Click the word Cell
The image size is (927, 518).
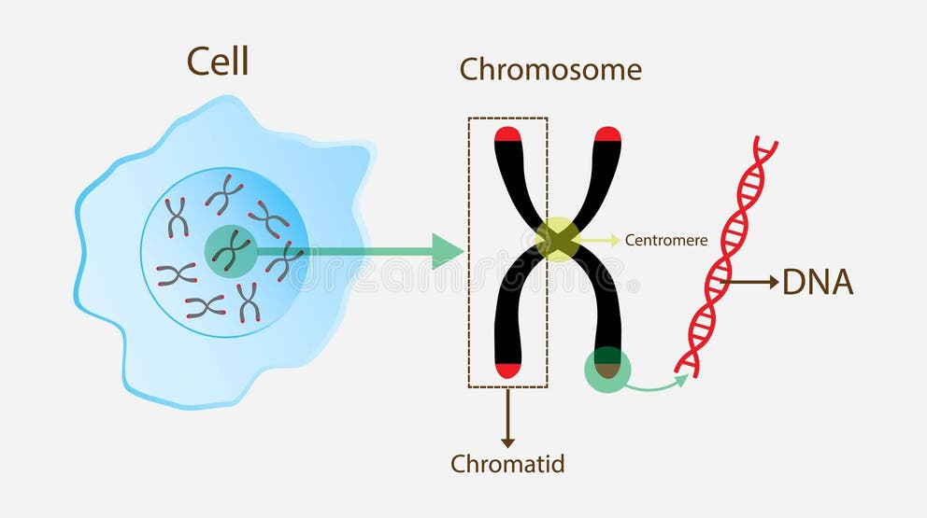(218, 62)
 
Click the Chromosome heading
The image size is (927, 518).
(550, 69)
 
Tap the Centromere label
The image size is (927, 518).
(666, 241)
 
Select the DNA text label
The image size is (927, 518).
(818, 282)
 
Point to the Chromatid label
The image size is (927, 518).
(507, 463)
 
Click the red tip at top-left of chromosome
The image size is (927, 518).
(507, 133)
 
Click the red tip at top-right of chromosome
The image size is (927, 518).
(607, 133)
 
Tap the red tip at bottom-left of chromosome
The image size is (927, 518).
(507, 370)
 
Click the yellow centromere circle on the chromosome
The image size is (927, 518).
(557, 239)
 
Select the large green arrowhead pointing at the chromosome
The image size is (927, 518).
(447, 250)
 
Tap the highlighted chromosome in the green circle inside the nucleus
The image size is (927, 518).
(230, 249)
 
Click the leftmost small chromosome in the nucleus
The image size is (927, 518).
(176, 273)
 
